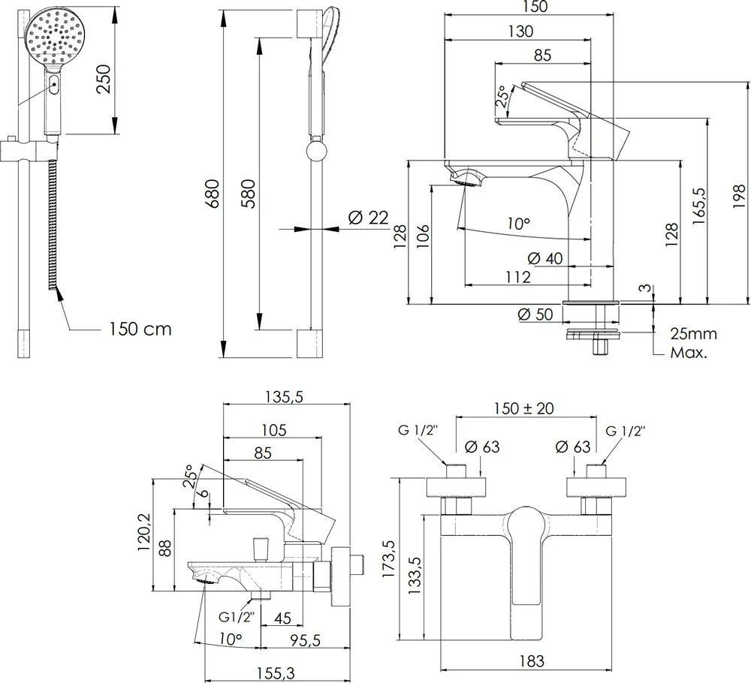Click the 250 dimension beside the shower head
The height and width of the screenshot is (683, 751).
click(103, 77)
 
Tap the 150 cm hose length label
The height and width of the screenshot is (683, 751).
click(140, 329)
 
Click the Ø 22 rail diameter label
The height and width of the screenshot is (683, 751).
click(368, 218)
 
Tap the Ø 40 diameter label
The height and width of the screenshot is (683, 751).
click(545, 258)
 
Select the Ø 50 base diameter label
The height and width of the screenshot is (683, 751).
click(536, 315)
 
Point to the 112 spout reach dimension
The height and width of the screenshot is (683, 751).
click(518, 277)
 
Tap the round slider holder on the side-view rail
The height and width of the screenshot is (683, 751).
click(315, 153)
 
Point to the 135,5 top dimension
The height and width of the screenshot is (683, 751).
click(285, 398)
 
